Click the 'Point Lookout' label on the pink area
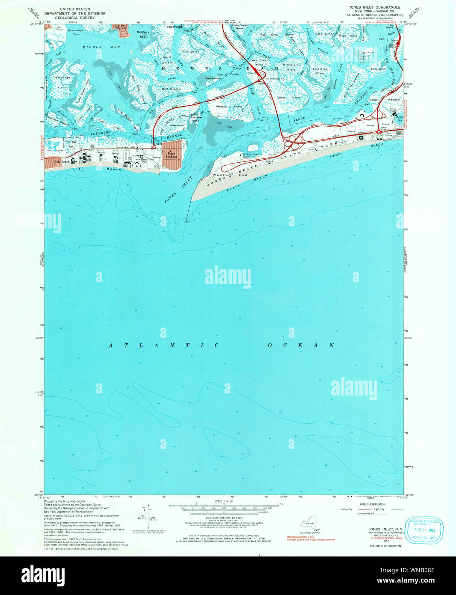tap(171, 155)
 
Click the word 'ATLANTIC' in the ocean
tap(163, 345)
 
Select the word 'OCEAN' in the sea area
tap(301, 345)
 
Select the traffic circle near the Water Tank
tap(379, 132)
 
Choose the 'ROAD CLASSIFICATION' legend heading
tap(372, 504)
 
